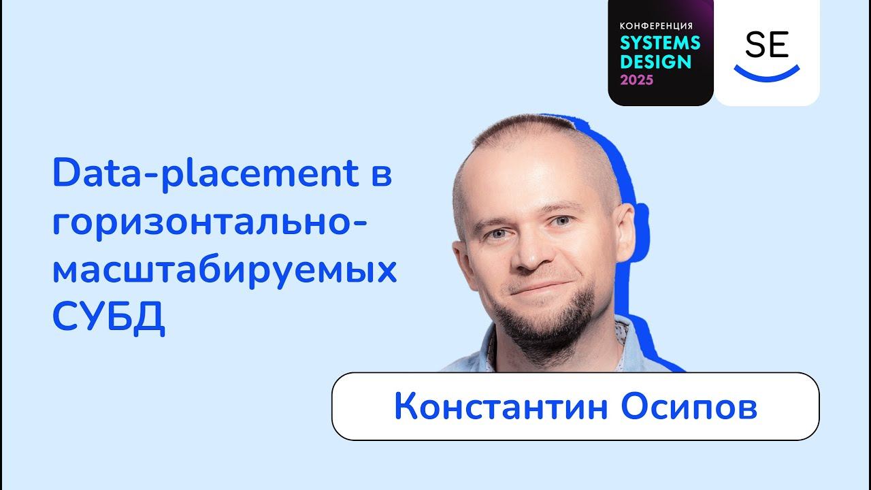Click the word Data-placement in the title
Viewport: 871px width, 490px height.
[x=204, y=175]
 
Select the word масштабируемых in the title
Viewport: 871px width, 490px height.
[x=225, y=271]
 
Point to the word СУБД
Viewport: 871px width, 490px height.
[x=109, y=318]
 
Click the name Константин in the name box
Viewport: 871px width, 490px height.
[x=496, y=407]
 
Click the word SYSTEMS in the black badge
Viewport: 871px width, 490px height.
[x=659, y=43]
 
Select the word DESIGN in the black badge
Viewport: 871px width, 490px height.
[x=655, y=62]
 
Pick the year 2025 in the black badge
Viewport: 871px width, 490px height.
[x=636, y=80]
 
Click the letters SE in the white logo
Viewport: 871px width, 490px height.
[x=766, y=45]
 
